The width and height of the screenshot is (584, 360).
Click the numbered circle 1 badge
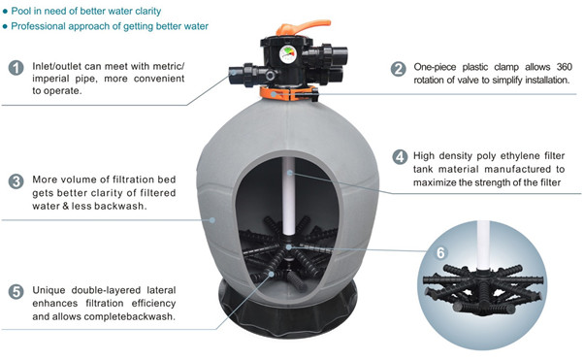click(x=16, y=68)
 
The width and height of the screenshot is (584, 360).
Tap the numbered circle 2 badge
click(x=398, y=69)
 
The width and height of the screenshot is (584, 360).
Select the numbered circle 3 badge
click(x=16, y=181)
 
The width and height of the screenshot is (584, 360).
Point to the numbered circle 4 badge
click(x=400, y=157)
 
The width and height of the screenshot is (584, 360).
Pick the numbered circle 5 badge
click(x=16, y=292)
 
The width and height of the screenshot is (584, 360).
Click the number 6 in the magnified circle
click(x=440, y=253)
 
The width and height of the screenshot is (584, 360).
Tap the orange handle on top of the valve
click(x=303, y=27)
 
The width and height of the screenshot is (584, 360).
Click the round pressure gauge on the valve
click(x=287, y=54)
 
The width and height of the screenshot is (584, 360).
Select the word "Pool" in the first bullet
click(x=19, y=11)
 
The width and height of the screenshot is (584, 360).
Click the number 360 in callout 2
click(x=564, y=67)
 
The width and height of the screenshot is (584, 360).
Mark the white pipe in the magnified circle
click(x=483, y=245)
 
